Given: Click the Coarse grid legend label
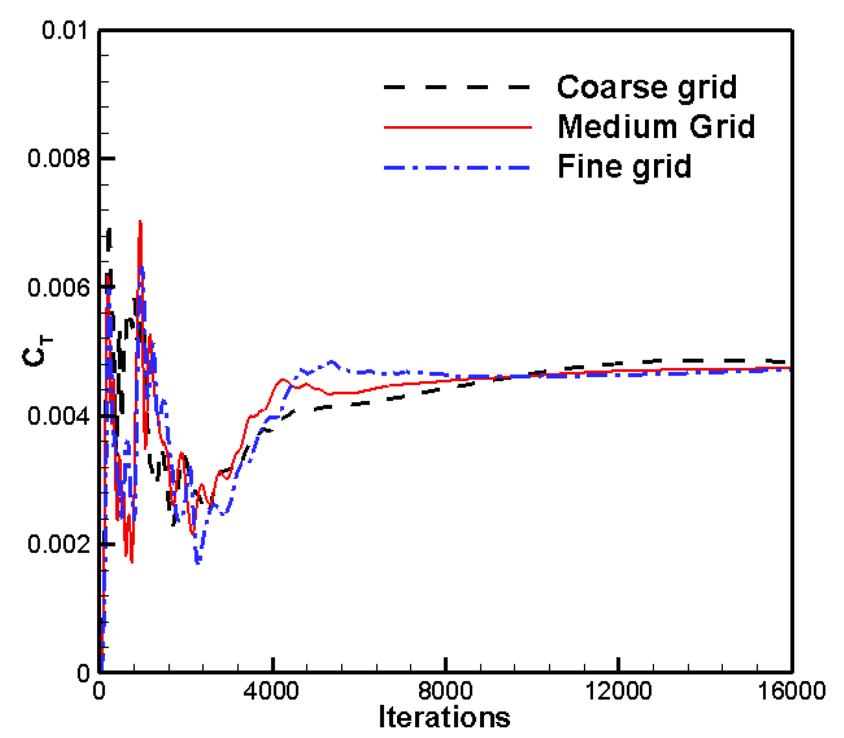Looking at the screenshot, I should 647,87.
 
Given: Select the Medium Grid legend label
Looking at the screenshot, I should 656,127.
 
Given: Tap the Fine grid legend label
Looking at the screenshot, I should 624,166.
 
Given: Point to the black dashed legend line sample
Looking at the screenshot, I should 457,87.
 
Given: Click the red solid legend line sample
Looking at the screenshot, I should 457,127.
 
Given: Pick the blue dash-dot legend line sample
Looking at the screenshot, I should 457,168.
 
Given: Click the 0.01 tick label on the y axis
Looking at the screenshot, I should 67,30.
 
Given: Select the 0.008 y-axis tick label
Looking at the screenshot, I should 59,158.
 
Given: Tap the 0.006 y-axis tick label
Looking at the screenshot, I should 59,287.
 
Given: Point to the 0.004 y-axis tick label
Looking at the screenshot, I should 59,416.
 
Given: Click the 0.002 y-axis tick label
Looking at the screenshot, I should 59,544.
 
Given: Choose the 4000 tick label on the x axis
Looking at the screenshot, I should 273,691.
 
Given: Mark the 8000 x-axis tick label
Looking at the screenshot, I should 445,691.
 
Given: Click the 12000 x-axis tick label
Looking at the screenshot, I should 618,691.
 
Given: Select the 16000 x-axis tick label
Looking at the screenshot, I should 791,691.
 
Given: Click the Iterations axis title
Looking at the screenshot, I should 444,717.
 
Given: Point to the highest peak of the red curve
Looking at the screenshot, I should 140,222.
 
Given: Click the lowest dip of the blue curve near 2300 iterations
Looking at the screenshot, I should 198,562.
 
